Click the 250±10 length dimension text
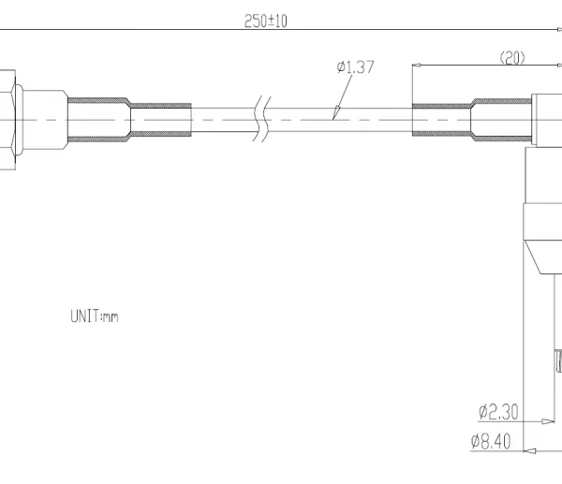click(266, 22)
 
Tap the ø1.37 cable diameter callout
click(356, 67)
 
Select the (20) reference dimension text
click(512, 58)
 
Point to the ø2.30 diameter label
click(498, 412)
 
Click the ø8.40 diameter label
click(491, 441)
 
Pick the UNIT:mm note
click(95, 316)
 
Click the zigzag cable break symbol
click(262, 119)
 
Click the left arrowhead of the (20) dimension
click(416, 66)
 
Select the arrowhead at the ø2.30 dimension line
click(549, 421)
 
